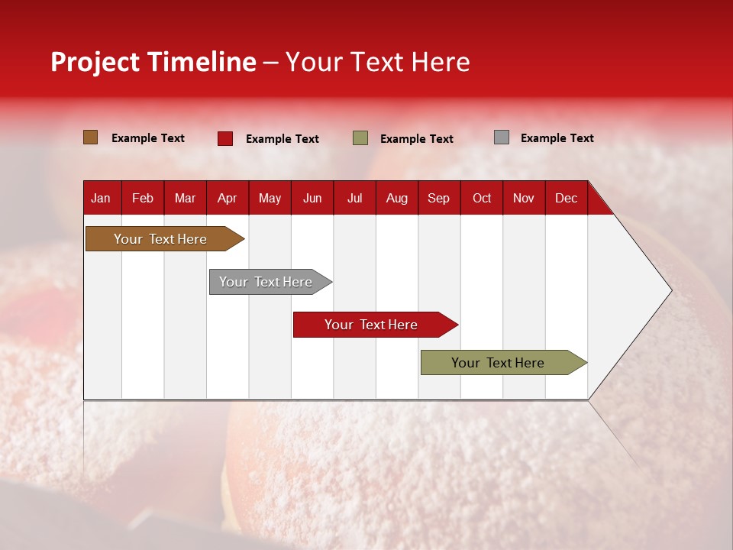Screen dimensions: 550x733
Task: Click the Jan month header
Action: click(101, 198)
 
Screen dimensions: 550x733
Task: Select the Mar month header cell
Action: click(185, 198)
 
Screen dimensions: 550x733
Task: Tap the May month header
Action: click(270, 198)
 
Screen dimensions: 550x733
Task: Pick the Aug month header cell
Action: click(396, 198)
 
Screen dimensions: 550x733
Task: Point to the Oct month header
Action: click(481, 198)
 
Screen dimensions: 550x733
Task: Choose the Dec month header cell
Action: click(566, 198)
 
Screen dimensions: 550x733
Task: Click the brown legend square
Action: click(91, 137)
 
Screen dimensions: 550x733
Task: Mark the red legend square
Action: click(225, 138)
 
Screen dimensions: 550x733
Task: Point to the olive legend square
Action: click(360, 138)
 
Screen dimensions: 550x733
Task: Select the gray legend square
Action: click(502, 137)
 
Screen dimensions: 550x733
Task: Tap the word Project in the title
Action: click(95, 62)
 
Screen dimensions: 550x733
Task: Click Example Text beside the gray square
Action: click(557, 138)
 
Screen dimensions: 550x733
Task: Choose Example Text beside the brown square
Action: click(147, 138)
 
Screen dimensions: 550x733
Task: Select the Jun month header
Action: click(312, 198)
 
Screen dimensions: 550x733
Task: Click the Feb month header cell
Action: click(143, 198)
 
